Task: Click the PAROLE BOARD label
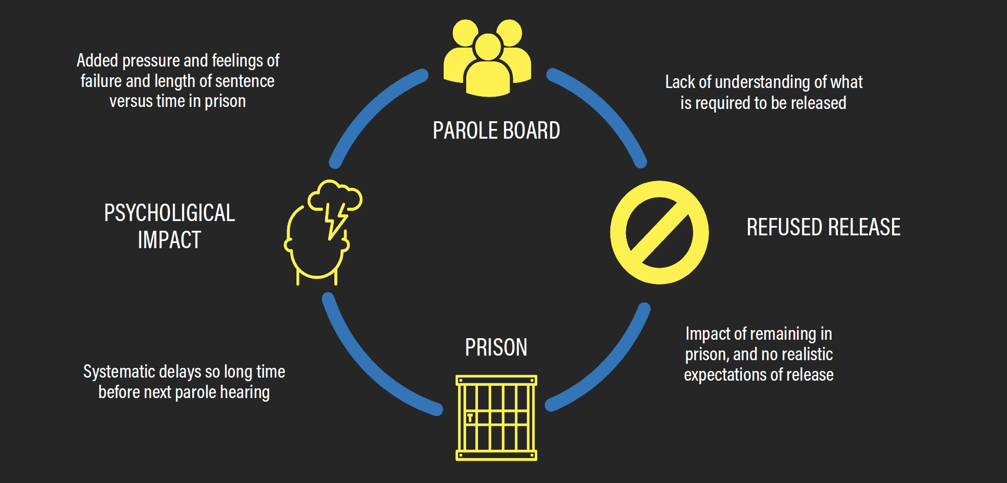click(496, 130)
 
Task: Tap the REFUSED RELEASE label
click(823, 227)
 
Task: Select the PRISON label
click(496, 347)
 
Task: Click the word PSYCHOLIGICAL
click(169, 213)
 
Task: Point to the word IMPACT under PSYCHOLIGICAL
click(169, 240)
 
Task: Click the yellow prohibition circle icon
click(659, 232)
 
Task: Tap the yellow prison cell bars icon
click(496, 418)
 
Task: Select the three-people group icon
click(488, 57)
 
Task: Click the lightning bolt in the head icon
click(335, 220)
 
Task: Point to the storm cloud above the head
click(335, 197)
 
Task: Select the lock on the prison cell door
click(470, 418)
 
